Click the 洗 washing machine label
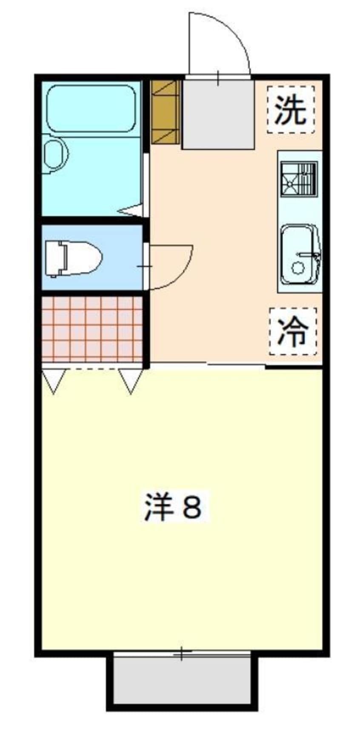click(x=291, y=110)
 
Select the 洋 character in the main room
click(x=158, y=507)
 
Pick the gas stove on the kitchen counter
click(x=299, y=179)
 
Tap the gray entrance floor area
click(x=218, y=114)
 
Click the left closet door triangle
click(x=54, y=380)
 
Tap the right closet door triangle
click(x=130, y=380)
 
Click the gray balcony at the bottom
click(x=182, y=680)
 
